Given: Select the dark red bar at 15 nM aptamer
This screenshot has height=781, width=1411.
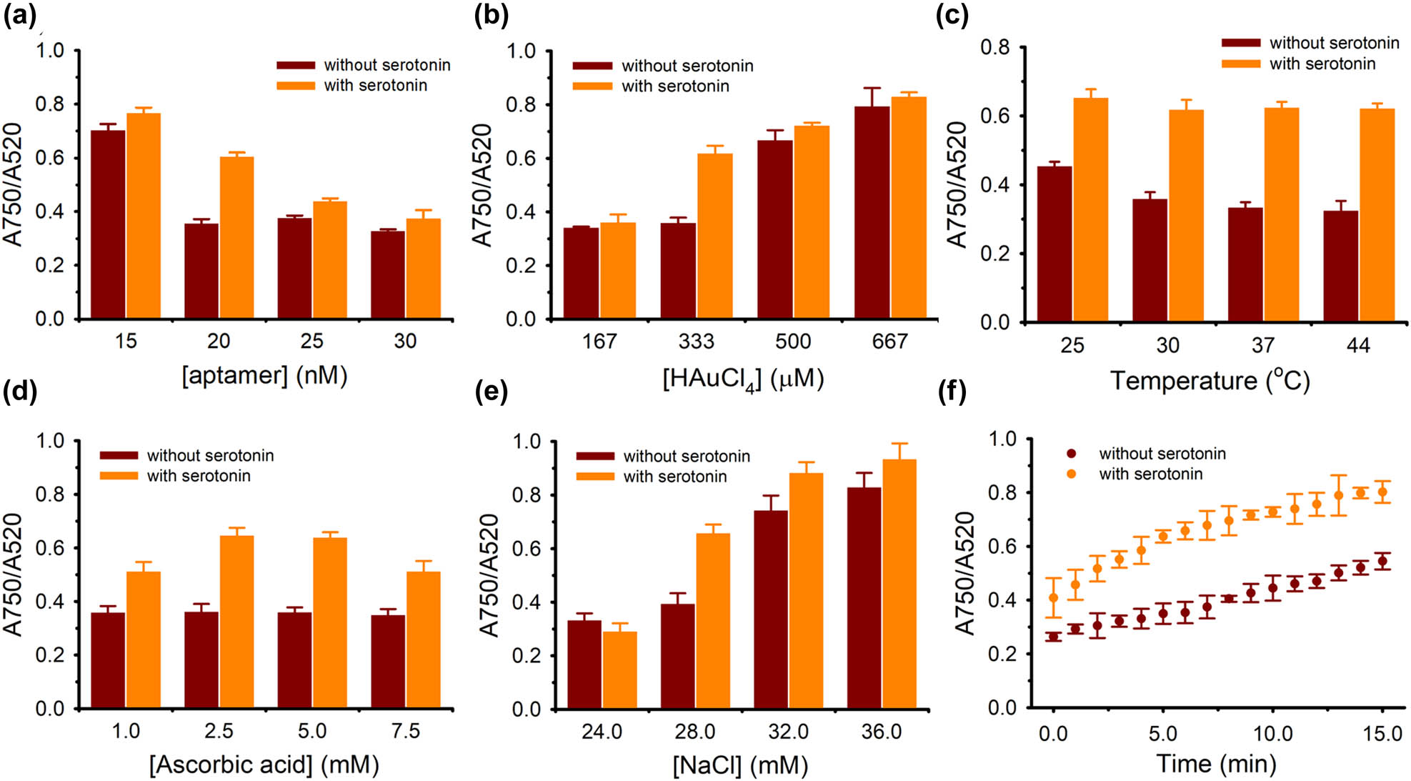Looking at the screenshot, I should (108, 224).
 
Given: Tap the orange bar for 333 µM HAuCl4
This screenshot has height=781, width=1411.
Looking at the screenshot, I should (714, 237).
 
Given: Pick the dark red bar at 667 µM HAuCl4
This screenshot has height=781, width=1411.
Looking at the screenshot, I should (872, 213).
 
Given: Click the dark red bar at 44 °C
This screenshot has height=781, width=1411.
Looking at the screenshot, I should (1340, 267).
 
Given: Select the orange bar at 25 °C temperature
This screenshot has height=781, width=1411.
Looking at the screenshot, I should (1090, 210).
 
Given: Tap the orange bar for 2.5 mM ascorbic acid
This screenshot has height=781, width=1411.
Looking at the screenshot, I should (236, 622).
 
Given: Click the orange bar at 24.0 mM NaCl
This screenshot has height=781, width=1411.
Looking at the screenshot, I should (619, 670).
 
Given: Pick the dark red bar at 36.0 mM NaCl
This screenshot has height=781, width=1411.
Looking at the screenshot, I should (864, 599).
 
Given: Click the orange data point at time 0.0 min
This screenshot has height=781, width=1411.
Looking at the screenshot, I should (1053, 598).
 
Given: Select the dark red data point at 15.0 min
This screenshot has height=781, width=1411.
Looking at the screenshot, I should (1382, 562).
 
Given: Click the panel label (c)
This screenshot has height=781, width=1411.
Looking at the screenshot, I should (952, 15).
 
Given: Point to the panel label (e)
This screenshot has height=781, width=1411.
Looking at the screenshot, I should (491, 392).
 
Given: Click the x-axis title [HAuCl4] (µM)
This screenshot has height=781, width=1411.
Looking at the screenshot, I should (743, 379).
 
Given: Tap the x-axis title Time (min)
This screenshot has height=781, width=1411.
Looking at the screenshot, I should (1216, 763).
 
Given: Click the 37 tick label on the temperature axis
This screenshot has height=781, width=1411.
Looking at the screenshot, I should (1262, 345).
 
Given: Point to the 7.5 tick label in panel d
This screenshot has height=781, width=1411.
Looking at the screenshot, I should (405, 731).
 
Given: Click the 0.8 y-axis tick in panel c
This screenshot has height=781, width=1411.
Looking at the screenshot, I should (995, 48).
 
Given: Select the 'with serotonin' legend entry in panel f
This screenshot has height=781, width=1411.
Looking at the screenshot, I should (1150, 474).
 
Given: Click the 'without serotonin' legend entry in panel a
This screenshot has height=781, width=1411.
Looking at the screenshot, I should (387, 65).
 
